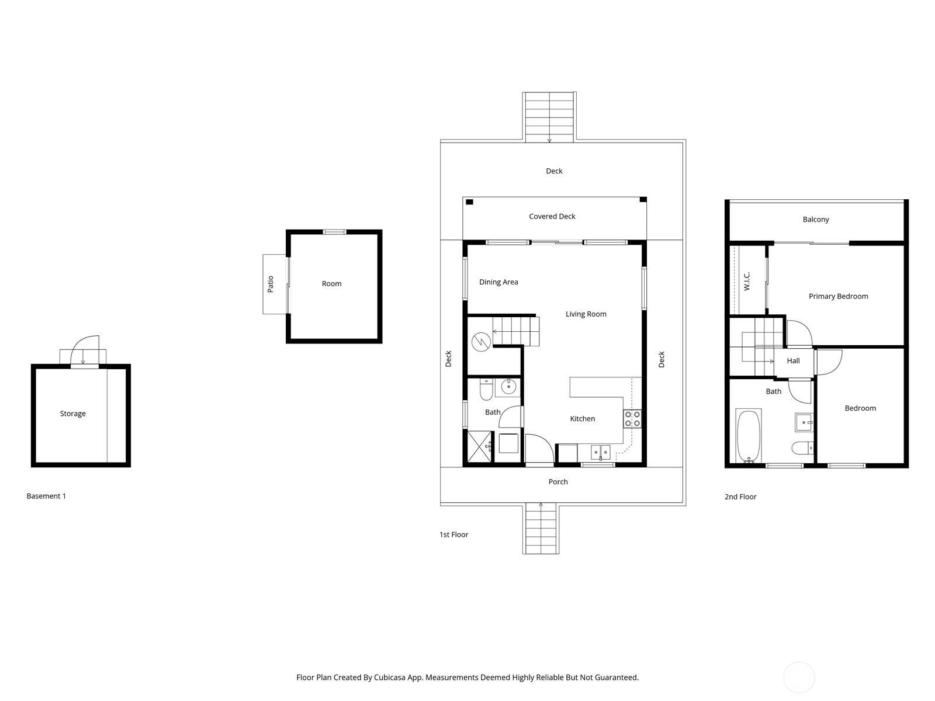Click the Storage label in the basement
[x=72, y=414]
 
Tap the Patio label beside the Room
[x=270, y=284]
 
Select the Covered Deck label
[x=552, y=216]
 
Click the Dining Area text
[x=498, y=282]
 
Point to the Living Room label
[x=586, y=314]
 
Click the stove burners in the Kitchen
[x=632, y=418]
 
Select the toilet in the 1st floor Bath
[x=486, y=389]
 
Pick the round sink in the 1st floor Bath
[x=508, y=386]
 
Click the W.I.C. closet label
[x=747, y=281]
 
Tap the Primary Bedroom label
[x=838, y=296]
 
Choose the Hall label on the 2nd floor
[x=793, y=361]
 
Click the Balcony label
[x=815, y=220]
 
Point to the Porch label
[x=558, y=482]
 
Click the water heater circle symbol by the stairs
[x=481, y=342]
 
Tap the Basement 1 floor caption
[x=46, y=496]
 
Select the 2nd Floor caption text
[x=740, y=497]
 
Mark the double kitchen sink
[x=600, y=451]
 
